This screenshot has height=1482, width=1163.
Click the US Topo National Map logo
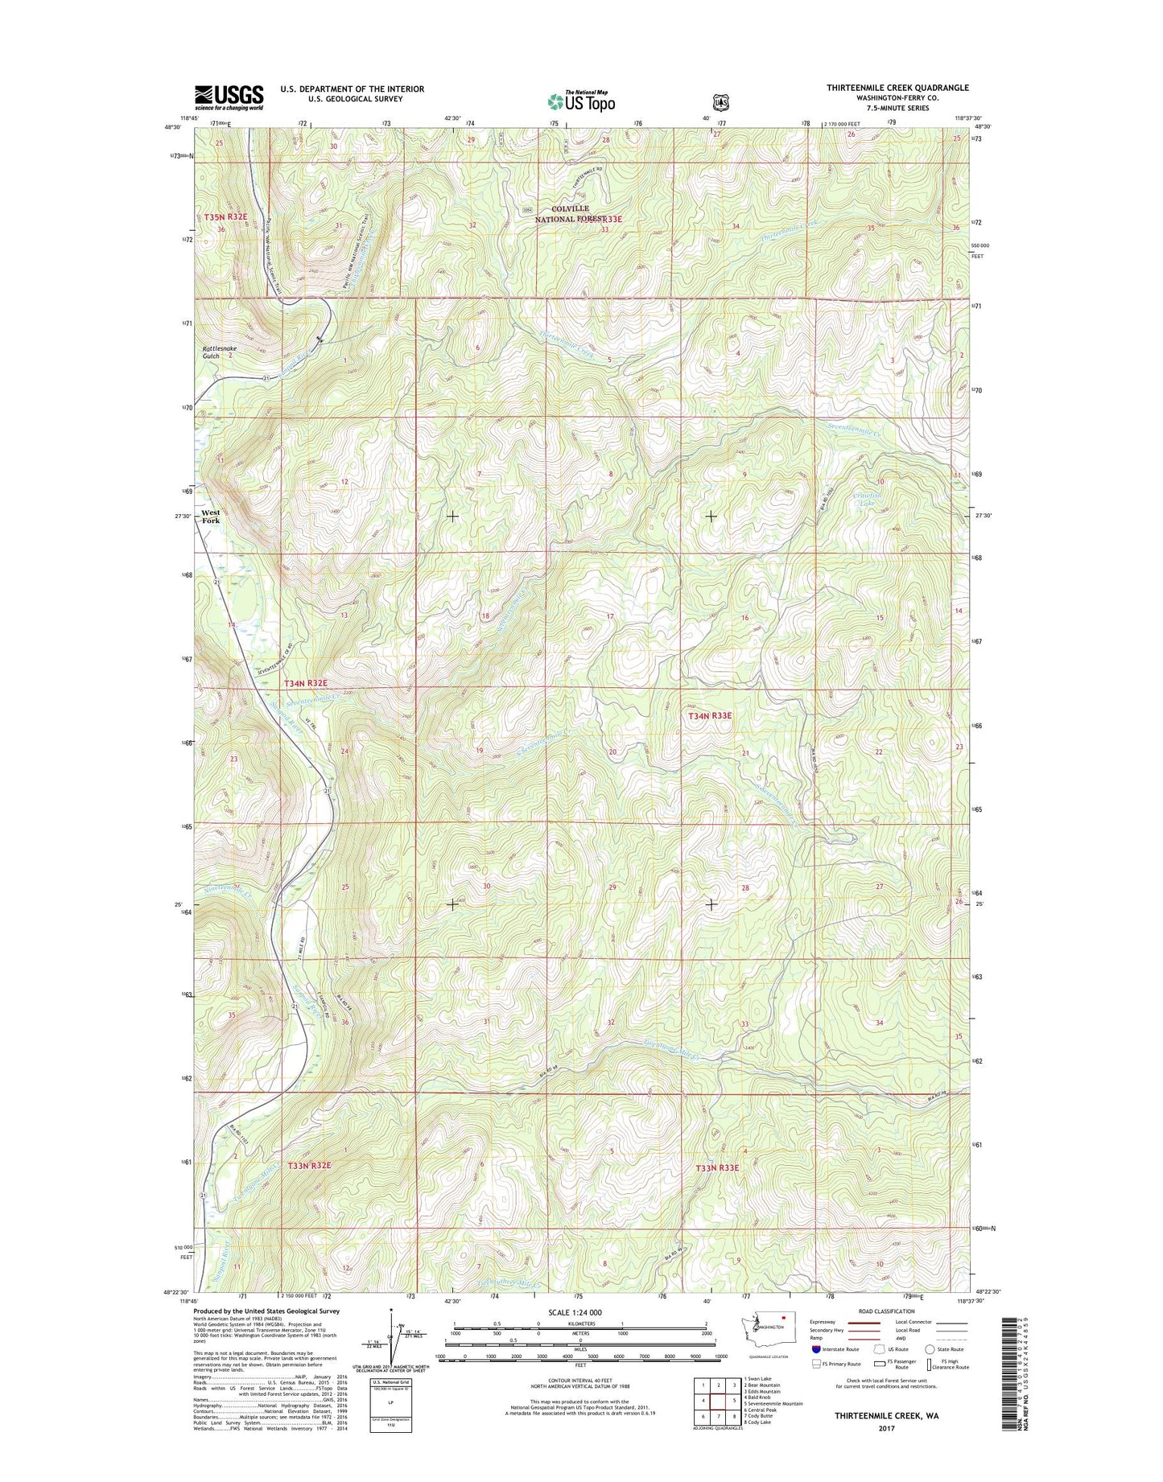pyautogui.click(x=581, y=100)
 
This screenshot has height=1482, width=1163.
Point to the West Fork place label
pyautogui.click(x=211, y=517)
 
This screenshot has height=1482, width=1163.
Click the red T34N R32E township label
pyautogui.click(x=307, y=682)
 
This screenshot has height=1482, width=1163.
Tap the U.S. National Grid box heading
pyautogui.click(x=390, y=1382)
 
